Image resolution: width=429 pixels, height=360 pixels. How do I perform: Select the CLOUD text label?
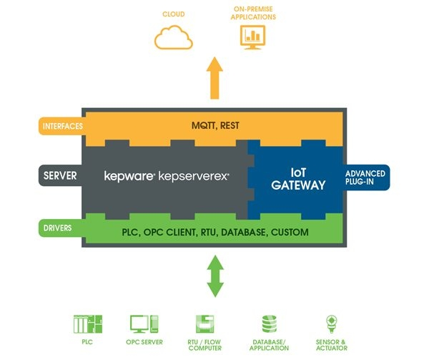[x=173, y=13]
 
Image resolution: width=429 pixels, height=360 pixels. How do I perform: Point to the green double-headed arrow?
[x=214, y=276]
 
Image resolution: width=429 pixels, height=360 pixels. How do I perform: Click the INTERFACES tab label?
[x=61, y=127]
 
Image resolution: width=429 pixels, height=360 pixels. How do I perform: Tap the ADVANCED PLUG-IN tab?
[x=365, y=179]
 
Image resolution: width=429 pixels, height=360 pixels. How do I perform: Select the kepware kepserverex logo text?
[x=166, y=175]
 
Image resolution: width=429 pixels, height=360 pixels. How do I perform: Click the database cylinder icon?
[x=270, y=324]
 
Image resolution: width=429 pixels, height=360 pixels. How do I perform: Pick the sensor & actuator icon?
[x=331, y=323]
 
